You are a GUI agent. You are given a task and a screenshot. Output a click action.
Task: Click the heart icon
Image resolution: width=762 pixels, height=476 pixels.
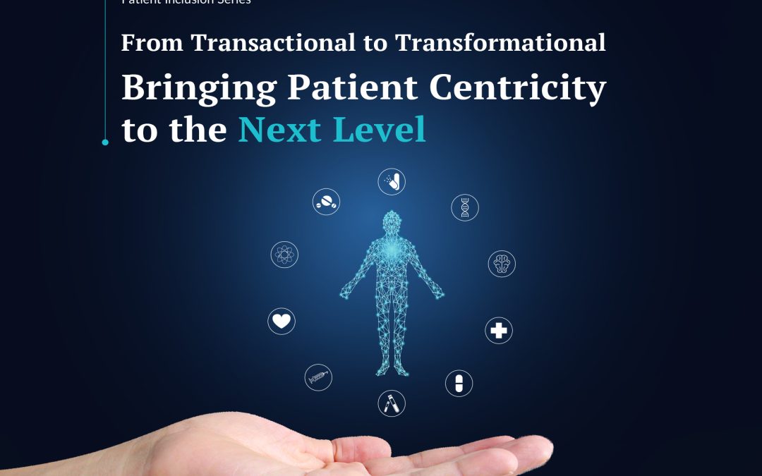pos(282,322)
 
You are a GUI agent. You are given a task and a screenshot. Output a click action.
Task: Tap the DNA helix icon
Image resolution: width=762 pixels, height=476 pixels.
pos(465,207)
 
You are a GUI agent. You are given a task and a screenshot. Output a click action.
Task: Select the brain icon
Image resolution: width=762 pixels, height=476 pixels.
pos(502,264)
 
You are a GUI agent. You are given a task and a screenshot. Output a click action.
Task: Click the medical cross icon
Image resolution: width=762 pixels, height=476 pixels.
pos(499,330)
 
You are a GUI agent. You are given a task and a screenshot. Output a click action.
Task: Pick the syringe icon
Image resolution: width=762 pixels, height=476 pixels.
pos(318,377)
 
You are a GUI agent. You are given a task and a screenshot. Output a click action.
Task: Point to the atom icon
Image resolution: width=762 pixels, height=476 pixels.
pos(284,255)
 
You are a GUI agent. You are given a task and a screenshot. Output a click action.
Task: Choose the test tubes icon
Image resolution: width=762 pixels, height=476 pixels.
pos(392,403)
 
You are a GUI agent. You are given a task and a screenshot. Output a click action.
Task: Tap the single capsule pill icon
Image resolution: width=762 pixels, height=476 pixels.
pos(459,383)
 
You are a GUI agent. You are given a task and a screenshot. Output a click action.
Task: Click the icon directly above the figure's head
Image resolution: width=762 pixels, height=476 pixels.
pos(392,182)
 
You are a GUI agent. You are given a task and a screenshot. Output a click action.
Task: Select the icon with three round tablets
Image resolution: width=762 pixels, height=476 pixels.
pos(327,202)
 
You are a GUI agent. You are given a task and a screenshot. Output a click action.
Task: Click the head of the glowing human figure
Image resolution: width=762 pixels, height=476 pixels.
pos(392,223)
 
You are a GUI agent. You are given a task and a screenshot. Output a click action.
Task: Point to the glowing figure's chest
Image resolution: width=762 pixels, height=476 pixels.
pos(392,254)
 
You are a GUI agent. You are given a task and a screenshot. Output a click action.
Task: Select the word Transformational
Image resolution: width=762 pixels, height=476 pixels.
pos(500,43)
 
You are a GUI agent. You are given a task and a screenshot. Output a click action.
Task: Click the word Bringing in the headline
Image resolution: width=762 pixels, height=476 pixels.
pos(200,90)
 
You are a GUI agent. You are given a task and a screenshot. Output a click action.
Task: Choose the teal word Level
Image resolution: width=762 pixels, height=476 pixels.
pos(385,130)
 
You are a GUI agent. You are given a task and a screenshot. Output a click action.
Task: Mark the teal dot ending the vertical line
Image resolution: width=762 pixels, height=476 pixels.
pos(105,142)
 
